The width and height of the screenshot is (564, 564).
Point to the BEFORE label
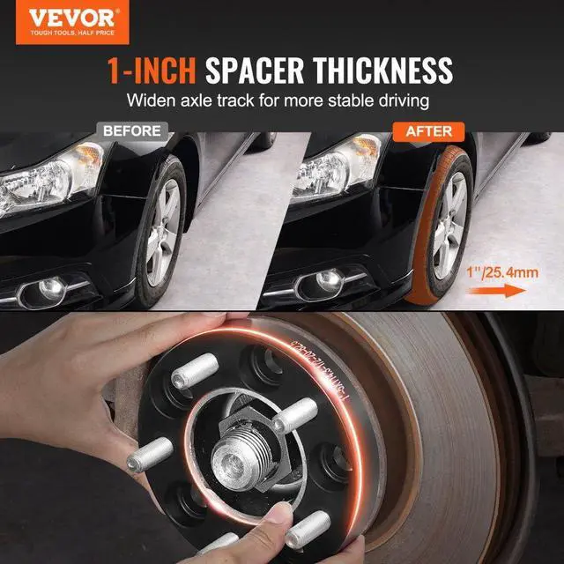[132, 131]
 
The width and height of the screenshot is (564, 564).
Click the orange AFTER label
[428, 131]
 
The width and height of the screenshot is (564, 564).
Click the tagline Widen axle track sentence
[282, 100]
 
